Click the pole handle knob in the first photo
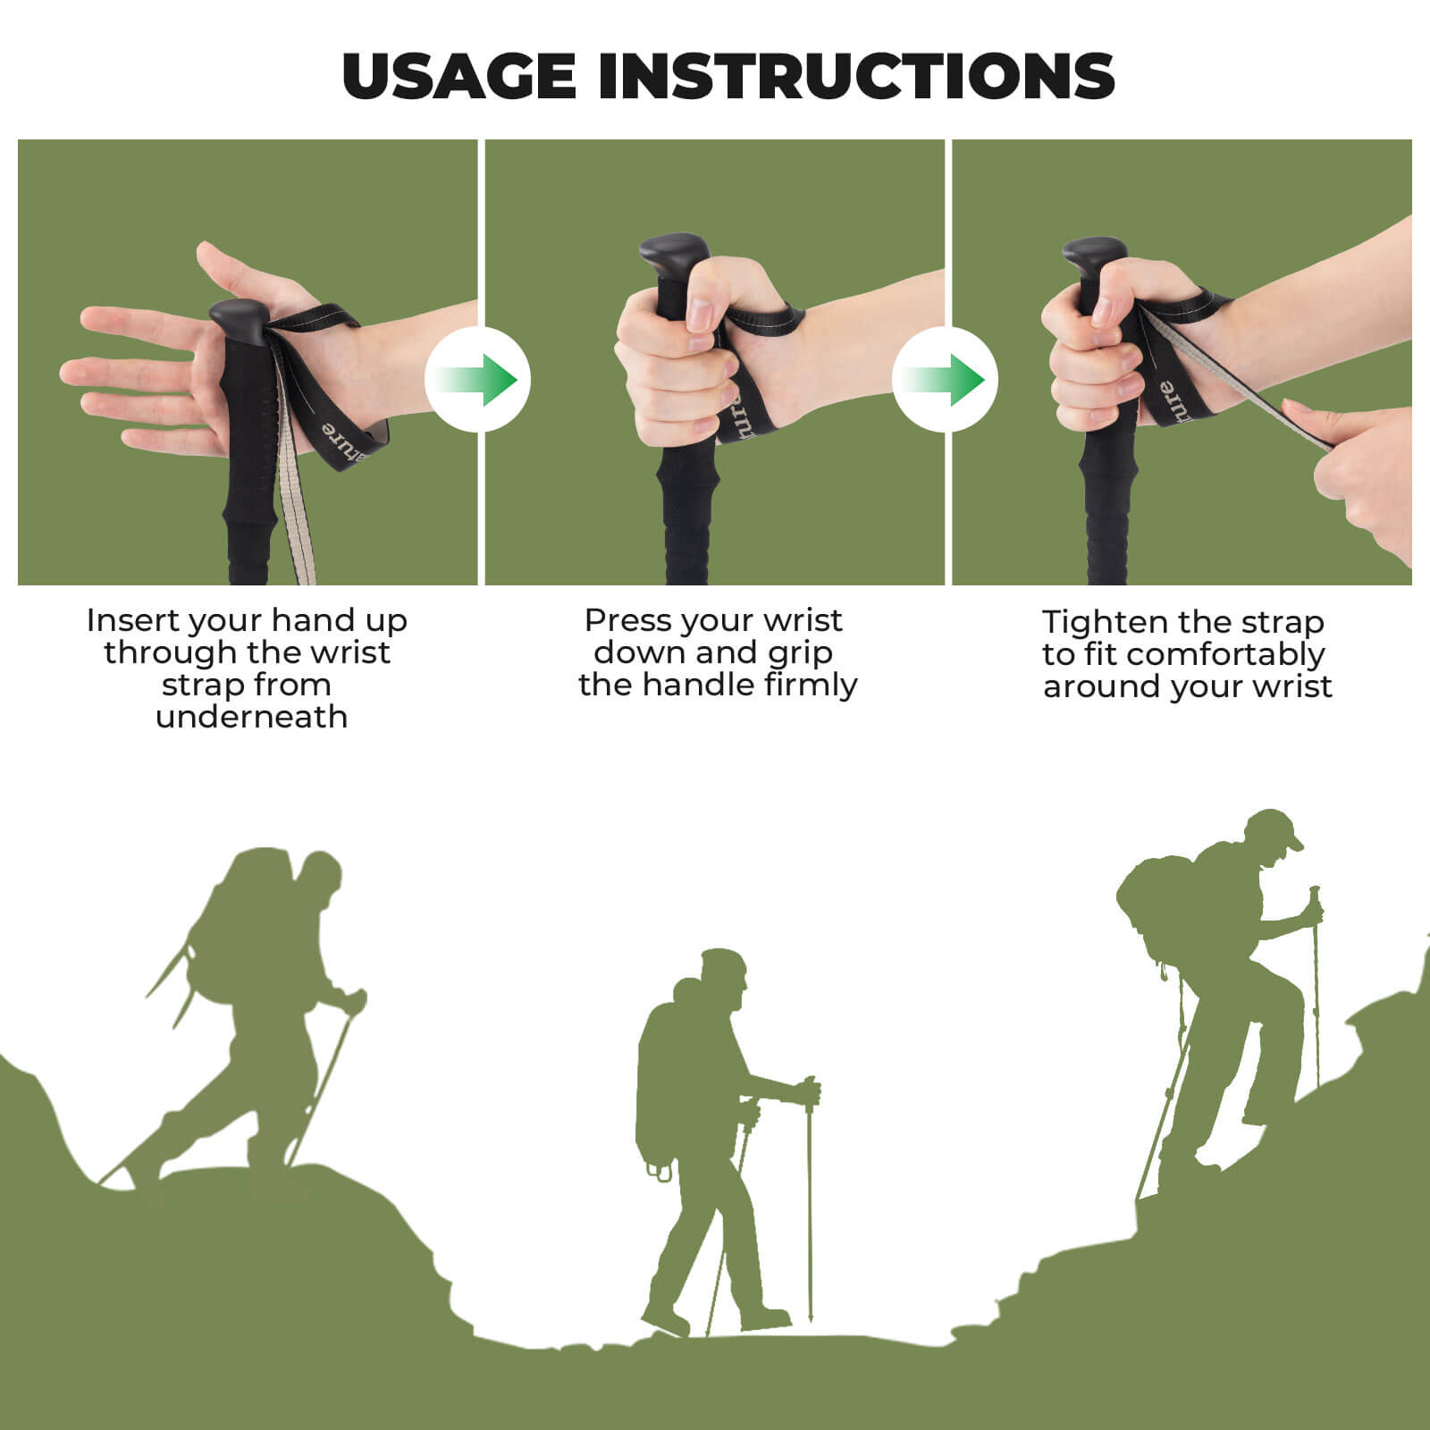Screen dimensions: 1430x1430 pyautogui.click(x=239, y=319)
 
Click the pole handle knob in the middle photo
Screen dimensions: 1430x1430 pyautogui.click(x=672, y=254)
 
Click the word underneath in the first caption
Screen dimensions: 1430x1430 pyautogui.click(x=251, y=717)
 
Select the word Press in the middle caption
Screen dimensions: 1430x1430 pyautogui.click(x=632, y=620)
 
